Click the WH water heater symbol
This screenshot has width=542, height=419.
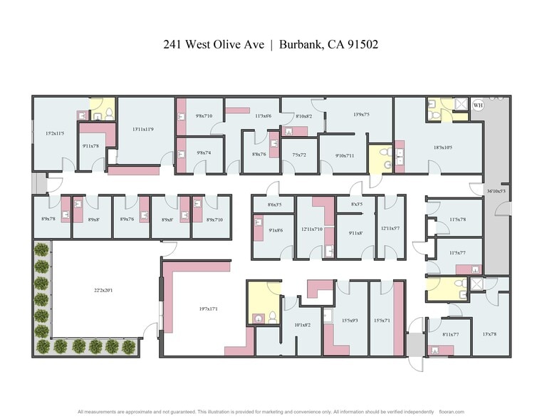pos(478,105)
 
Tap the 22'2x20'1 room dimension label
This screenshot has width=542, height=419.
pos(104,290)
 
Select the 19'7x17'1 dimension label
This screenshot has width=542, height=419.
pos(208,309)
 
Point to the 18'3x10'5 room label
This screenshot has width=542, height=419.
pos(449,148)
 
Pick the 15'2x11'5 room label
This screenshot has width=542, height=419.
pos(55,133)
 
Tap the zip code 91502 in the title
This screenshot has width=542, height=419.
pos(362,44)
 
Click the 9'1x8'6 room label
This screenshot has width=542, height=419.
pos(276,230)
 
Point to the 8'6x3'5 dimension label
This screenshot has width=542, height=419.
pos(274,205)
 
